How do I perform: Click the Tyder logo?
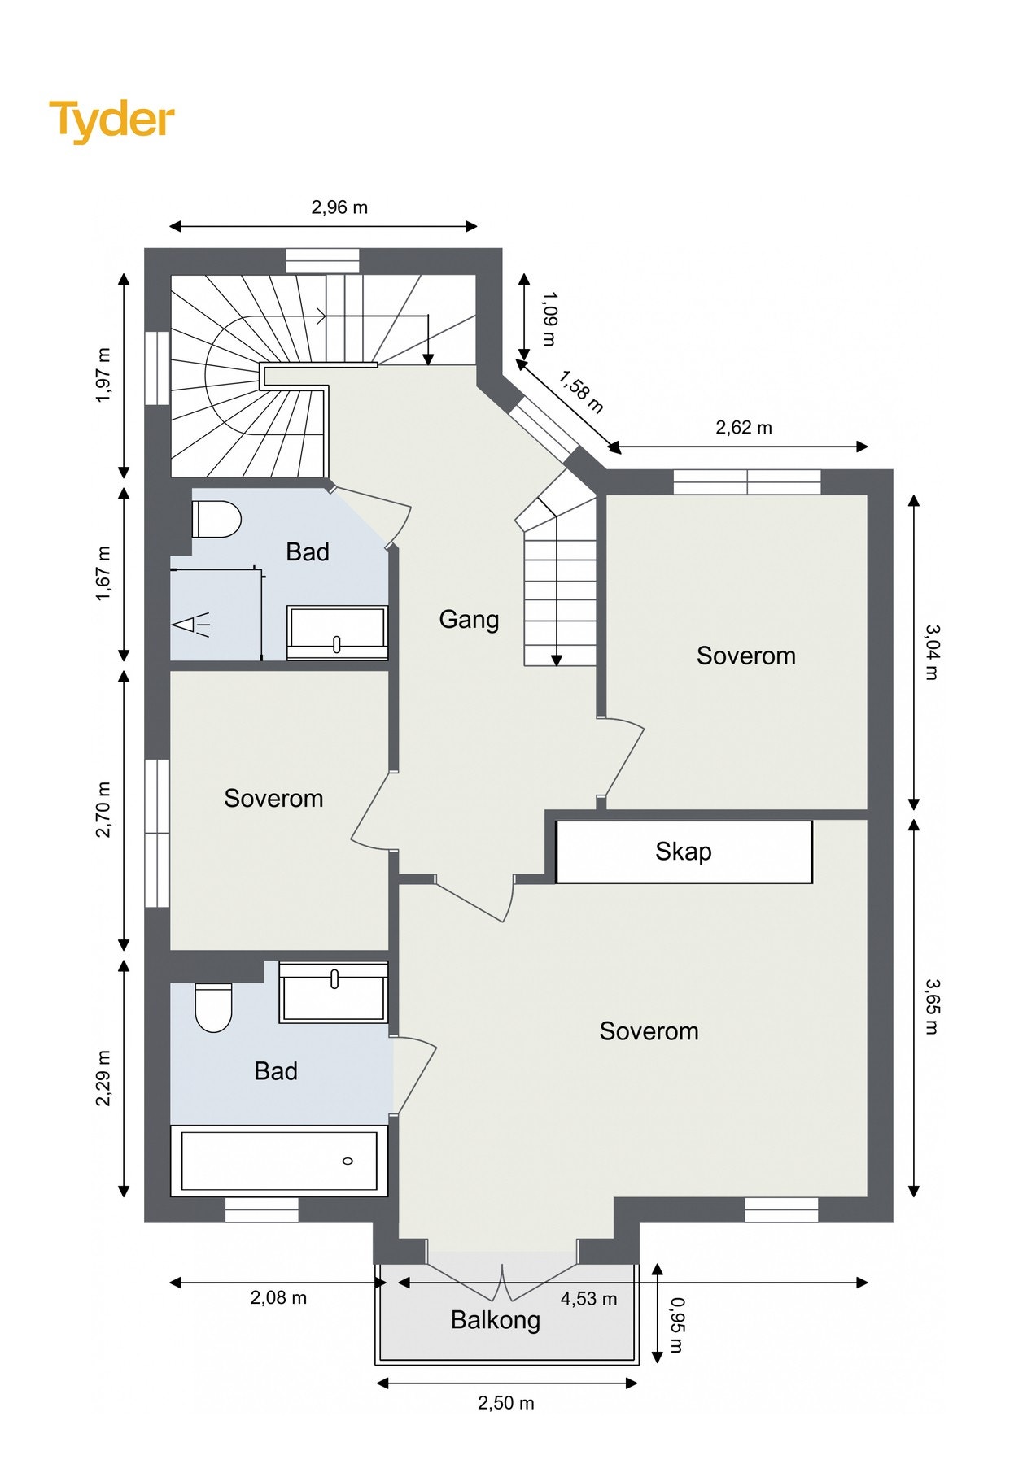click(x=111, y=120)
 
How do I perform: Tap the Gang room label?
click(x=469, y=620)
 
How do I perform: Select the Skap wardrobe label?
click(x=684, y=852)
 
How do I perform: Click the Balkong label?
click(x=496, y=1319)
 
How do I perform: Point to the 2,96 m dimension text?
click(x=339, y=207)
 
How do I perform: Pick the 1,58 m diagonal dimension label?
click(x=581, y=392)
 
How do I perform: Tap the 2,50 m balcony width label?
click(x=506, y=1403)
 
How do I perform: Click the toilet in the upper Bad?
click(x=216, y=519)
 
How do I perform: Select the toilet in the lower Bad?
click(x=214, y=1008)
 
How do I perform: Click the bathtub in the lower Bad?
click(x=279, y=1161)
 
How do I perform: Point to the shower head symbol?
click(x=191, y=625)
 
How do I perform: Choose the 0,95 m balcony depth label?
click(x=676, y=1325)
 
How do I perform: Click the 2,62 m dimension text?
click(x=744, y=428)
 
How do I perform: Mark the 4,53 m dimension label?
click(x=588, y=1299)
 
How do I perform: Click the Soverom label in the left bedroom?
click(x=273, y=799)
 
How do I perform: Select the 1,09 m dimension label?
click(x=549, y=319)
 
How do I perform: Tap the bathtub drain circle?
click(x=348, y=1161)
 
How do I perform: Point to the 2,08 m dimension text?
click(x=278, y=1298)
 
